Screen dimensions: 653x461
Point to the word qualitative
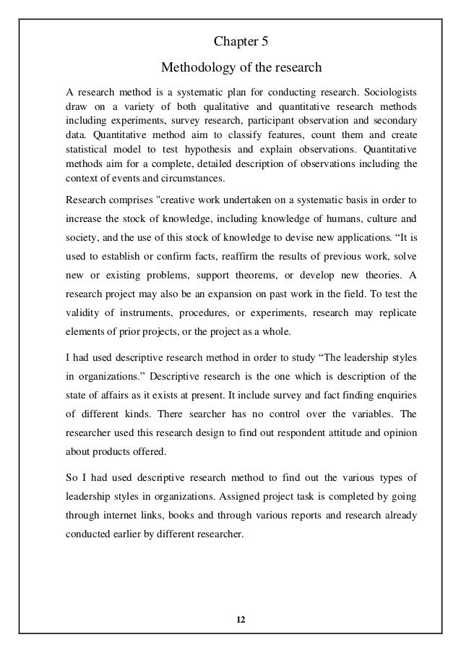[x=243, y=107]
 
